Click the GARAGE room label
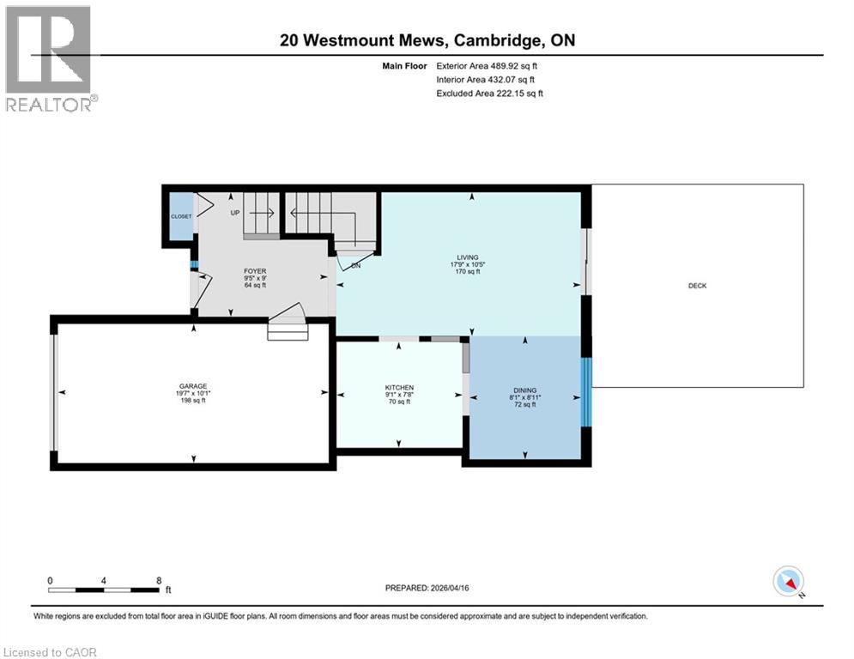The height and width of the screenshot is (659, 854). pos(193,386)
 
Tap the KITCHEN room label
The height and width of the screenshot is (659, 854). pos(399,388)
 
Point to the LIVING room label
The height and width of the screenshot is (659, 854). pos(467,257)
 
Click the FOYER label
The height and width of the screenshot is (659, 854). pos(255,271)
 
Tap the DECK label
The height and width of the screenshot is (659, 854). pos(697,286)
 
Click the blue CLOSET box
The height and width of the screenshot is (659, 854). pos(181,216)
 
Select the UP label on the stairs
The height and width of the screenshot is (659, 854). pos(234,212)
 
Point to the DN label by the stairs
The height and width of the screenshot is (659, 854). pos(355,266)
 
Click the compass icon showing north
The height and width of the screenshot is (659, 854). pos(787,581)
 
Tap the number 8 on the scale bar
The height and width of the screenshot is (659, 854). pos(159,580)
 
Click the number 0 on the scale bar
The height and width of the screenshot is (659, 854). pos(51,580)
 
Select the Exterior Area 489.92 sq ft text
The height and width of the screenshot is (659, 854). pos(488,65)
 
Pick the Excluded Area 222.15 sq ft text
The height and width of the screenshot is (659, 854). pos(489,93)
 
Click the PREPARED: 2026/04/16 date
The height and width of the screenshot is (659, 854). pos(433,588)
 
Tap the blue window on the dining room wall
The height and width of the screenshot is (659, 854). pos(586,391)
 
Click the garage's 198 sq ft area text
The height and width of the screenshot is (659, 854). pos(193,401)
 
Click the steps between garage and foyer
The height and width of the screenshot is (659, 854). pos(288,329)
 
